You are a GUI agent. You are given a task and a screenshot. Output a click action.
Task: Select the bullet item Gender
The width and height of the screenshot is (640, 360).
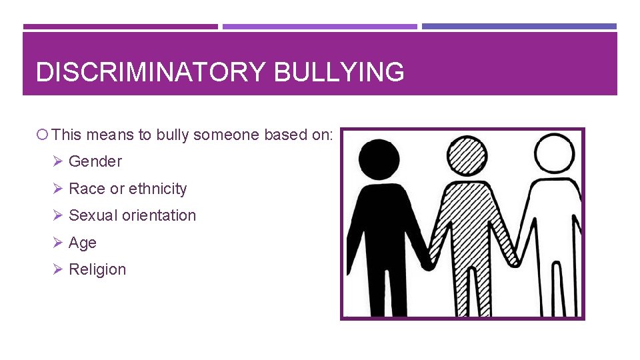(x=95, y=161)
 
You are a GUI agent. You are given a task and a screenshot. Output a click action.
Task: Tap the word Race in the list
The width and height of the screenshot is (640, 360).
(x=87, y=189)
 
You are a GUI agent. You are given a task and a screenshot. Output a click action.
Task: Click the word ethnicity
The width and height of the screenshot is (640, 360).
(x=157, y=189)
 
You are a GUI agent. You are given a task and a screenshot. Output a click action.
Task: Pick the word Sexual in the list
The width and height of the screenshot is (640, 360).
(x=93, y=215)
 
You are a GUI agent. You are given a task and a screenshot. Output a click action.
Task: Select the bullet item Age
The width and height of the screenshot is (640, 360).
(x=83, y=243)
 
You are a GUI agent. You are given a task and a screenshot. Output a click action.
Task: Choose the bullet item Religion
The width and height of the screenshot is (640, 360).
(x=97, y=269)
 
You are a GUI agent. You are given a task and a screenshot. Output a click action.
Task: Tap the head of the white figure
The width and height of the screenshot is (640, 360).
(x=555, y=154)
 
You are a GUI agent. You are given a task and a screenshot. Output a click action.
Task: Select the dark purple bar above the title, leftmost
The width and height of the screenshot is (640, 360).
(x=120, y=27)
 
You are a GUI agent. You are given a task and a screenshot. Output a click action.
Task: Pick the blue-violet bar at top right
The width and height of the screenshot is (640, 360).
(x=519, y=27)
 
